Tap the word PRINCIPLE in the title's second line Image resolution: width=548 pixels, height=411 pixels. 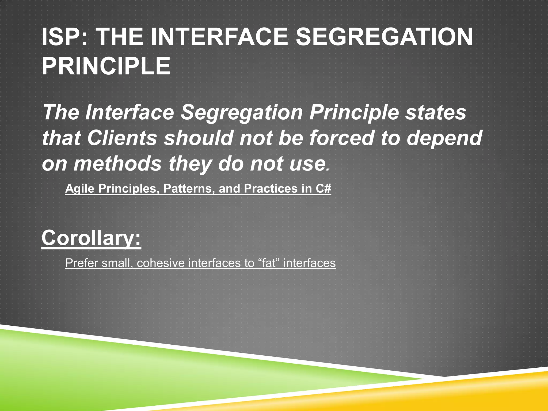click(106, 66)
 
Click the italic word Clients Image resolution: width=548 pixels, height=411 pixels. click(122, 138)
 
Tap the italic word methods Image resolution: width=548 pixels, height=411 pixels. click(117, 164)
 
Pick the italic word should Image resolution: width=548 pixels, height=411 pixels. click(198, 138)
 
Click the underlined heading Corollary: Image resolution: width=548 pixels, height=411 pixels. click(91, 238)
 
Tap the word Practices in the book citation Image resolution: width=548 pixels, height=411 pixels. click(271, 188)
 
